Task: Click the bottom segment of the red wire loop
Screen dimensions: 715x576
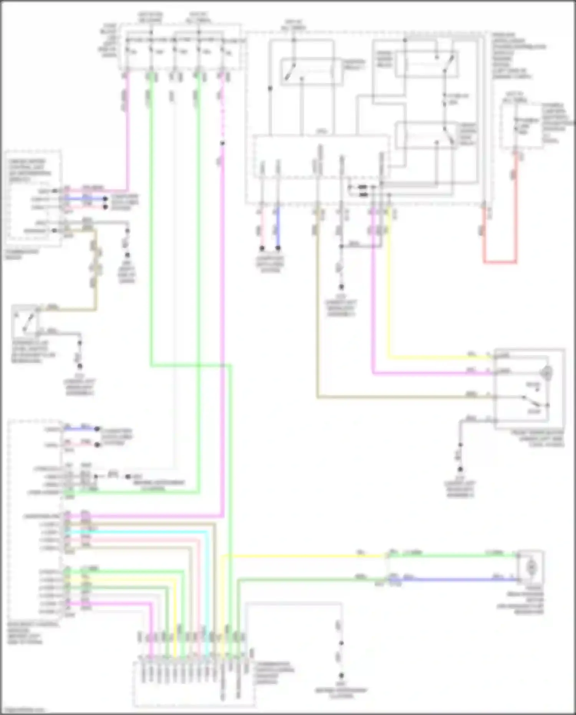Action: pyautogui.click(x=500, y=262)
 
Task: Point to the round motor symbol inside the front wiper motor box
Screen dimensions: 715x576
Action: pyautogui.click(x=547, y=372)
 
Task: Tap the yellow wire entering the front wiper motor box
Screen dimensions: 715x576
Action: pyautogui.click(x=442, y=358)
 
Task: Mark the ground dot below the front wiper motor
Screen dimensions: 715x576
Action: pyautogui.click(x=460, y=469)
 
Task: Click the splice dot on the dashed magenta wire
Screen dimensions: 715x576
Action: pyautogui.click(x=222, y=144)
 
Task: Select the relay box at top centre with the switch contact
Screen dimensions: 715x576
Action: pyautogui.click(x=311, y=71)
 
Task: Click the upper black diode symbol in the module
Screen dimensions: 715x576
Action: pyautogui.click(x=362, y=187)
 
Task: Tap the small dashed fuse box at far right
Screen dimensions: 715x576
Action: pyautogui.click(x=520, y=125)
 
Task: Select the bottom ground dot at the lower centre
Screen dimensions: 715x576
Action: pyautogui.click(x=341, y=675)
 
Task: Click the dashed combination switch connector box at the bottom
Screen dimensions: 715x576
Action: pyautogui.click(x=194, y=684)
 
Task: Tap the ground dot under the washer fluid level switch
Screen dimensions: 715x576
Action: pyautogui.click(x=79, y=366)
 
